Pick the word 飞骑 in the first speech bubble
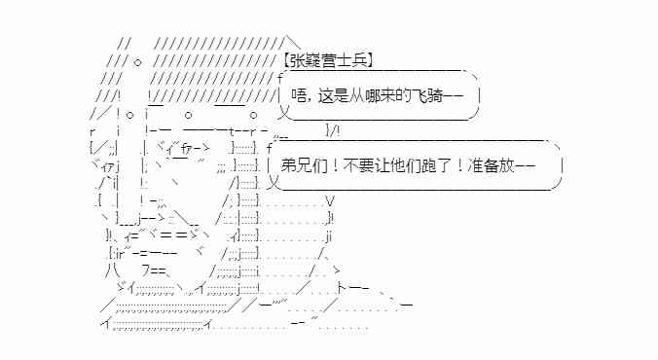[429, 97]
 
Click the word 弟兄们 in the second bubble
[300, 163]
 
